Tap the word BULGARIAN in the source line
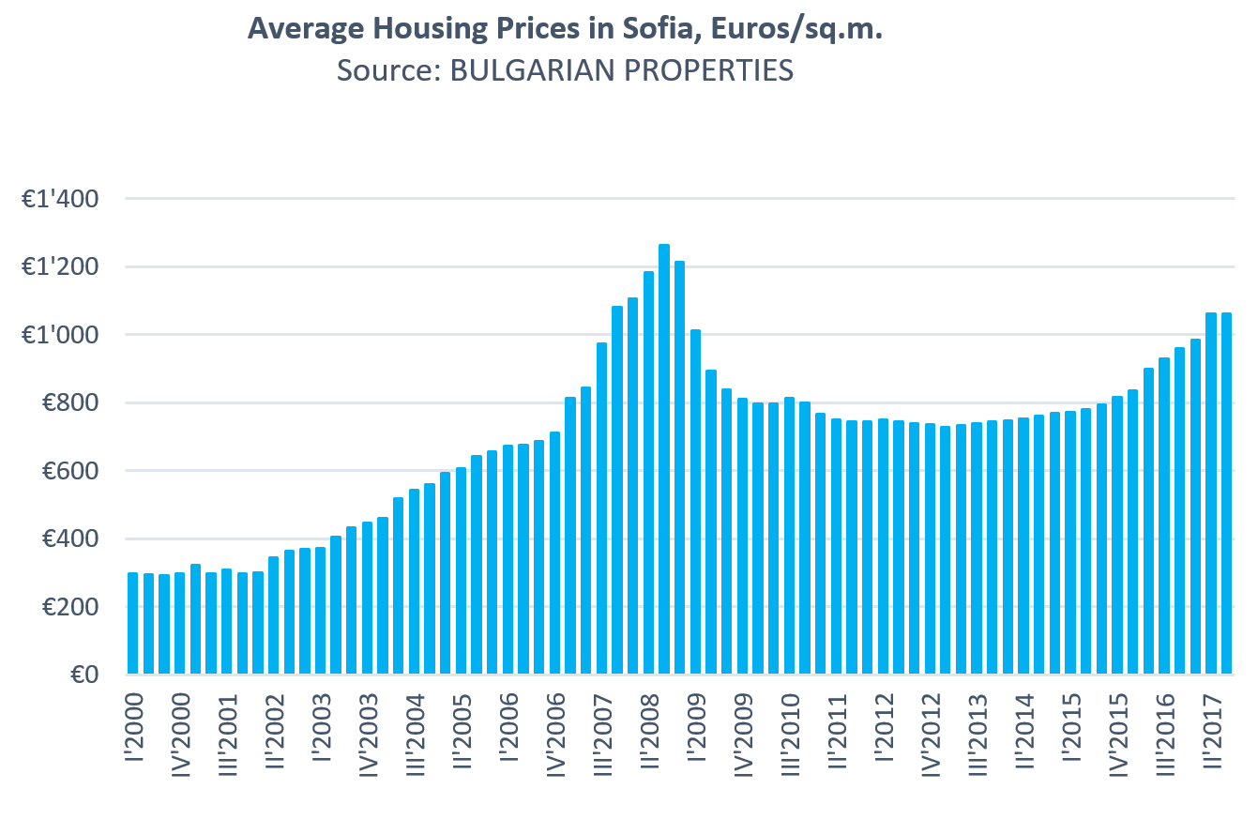pyautogui.click(x=506, y=70)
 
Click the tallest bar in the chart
pyautogui.click(x=664, y=459)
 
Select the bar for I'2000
pyautogui.click(x=133, y=623)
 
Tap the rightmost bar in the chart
pyautogui.click(x=1226, y=493)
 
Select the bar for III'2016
pyautogui.click(x=1164, y=516)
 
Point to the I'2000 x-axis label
pyautogui.click(x=133, y=732)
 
